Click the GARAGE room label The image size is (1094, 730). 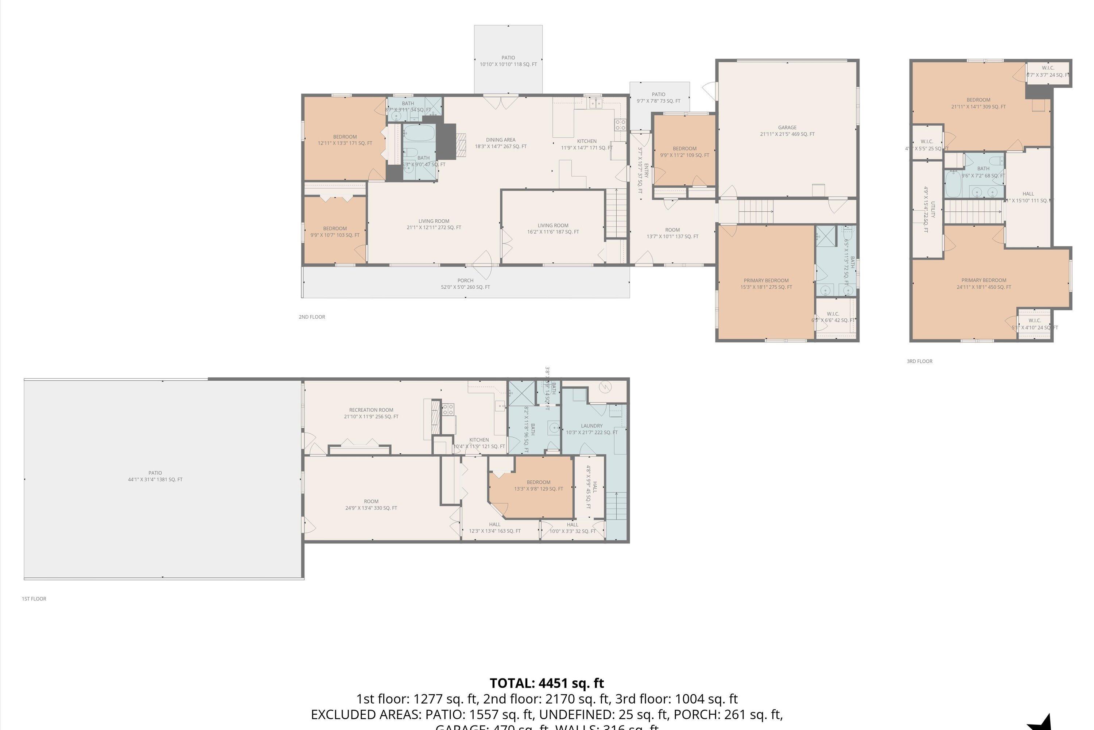pos(787,131)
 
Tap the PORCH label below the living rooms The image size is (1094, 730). pos(465,284)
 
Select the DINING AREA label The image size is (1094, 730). pos(500,143)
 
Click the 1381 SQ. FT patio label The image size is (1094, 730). pos(155,476)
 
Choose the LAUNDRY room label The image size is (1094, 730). pos(591,429)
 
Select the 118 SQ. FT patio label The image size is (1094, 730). pos(508,61)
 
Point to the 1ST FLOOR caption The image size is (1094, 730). pos(34,599)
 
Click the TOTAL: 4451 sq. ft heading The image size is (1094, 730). pos(547,683)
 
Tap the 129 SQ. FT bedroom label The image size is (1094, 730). pos(538,485)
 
